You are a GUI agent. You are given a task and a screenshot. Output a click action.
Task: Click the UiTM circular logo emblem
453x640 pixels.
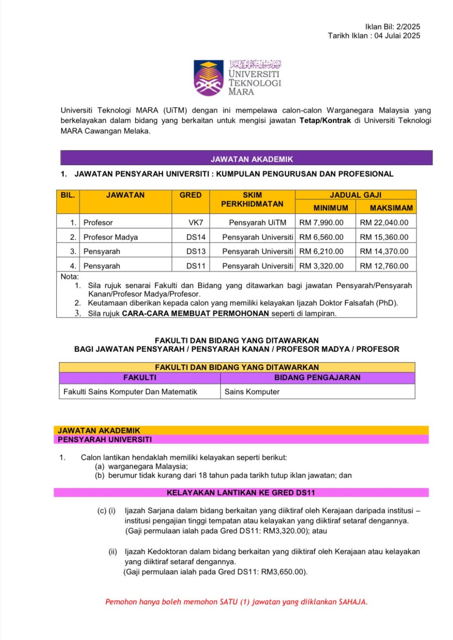tap(209, 78)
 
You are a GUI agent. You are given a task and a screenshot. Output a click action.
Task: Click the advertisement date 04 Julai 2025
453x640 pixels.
tap(397, 36)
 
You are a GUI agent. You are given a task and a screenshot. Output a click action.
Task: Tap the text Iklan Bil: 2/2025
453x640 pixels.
tap(392, 27)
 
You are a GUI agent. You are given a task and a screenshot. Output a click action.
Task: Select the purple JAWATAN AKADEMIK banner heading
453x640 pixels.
tap(252, 159)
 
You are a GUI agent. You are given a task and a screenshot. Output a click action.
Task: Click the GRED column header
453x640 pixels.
tap(190, 195)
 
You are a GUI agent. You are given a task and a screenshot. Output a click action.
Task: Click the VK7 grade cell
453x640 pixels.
tap(195, 222)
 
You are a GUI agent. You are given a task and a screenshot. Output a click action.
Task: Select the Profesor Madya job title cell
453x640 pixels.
tap(111, 237)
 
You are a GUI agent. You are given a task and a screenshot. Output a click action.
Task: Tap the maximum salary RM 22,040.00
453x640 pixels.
tap(384, 222)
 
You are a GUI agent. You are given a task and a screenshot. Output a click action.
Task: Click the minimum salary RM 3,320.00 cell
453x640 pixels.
tap(321, 266)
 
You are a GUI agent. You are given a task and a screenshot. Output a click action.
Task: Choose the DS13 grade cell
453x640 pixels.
tap(196, 251)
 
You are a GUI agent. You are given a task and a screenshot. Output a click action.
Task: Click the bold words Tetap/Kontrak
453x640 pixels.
tap(325, 120)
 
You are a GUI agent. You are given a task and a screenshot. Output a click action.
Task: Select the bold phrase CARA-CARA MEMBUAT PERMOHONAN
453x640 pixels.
tap(195, 313)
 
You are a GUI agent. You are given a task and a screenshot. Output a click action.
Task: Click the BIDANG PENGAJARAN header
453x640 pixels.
tap(317, 377)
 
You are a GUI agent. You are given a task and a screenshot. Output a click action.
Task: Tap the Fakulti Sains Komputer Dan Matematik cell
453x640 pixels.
tap(130, 392)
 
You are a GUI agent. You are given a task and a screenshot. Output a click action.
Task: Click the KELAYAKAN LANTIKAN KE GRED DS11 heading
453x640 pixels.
tap(241, 492)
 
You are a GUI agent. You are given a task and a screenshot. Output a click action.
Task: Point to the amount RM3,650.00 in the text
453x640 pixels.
tap(283, 572)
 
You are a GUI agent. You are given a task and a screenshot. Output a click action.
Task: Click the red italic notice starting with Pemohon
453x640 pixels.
tap(236, 602)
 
